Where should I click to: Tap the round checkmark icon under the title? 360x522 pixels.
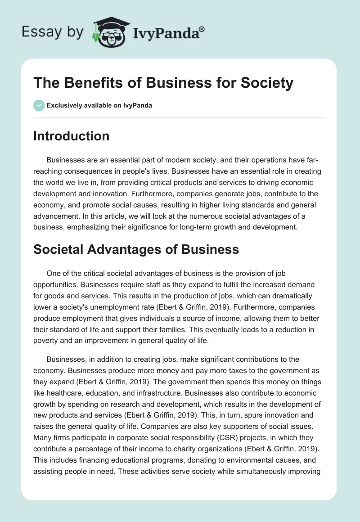tap(39, 106)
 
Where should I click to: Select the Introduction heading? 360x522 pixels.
tap(71, 136)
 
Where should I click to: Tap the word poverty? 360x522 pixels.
tap(46, 340)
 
